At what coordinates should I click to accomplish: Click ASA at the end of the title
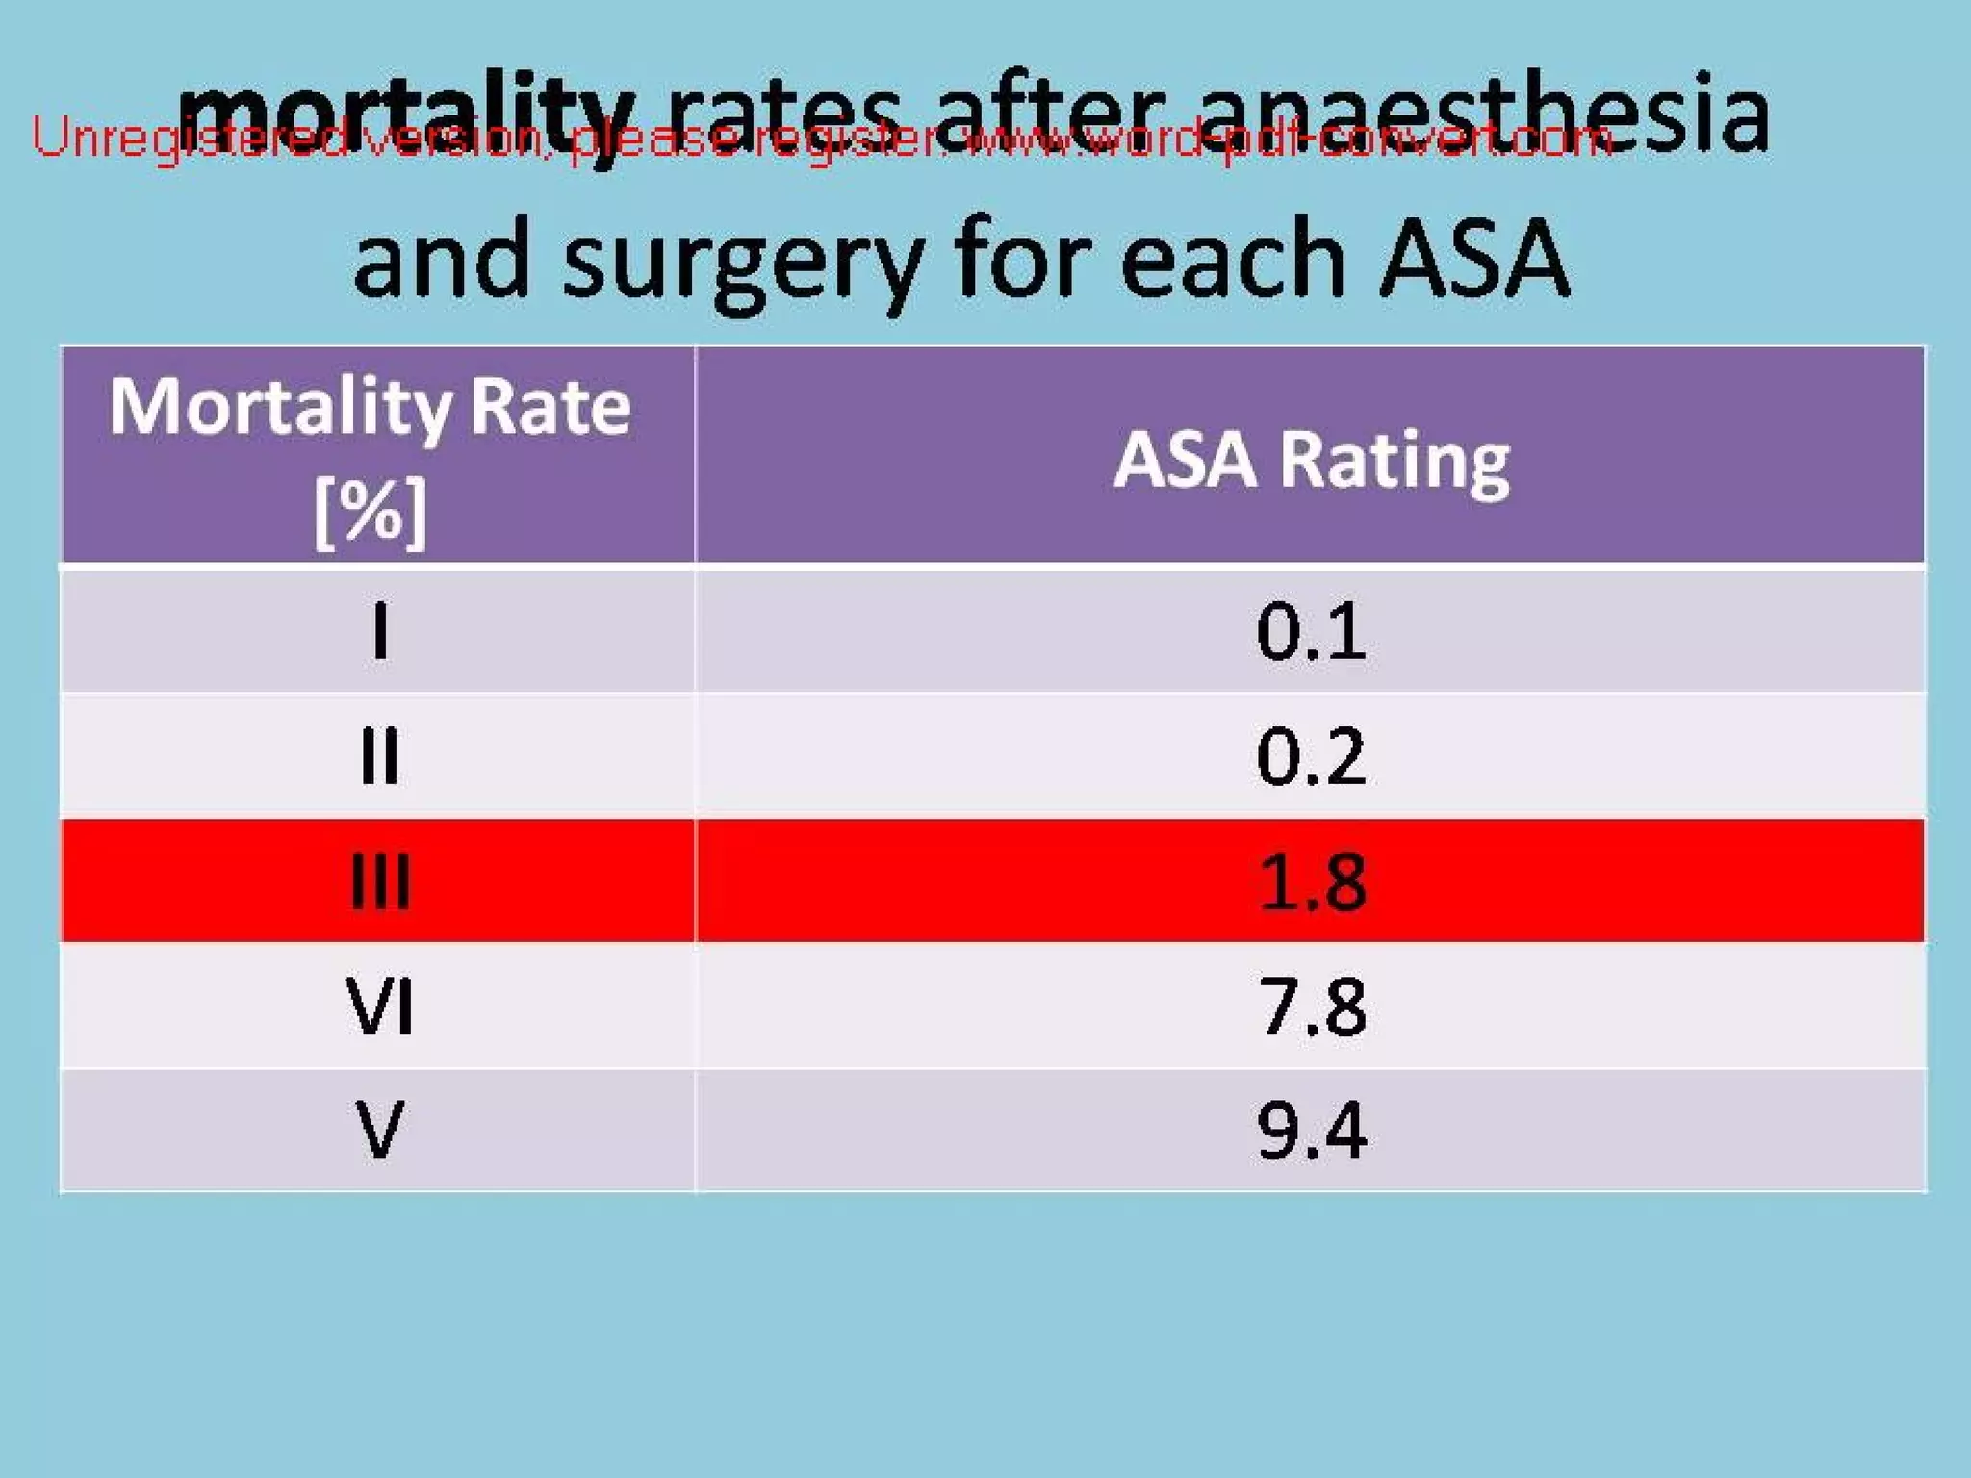click(x=1474, y=258)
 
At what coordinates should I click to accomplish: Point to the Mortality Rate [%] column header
click(x=371, y=456)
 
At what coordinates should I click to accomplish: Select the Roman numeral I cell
click(x=380, y=631)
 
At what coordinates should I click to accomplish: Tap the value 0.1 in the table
click(x=1311, y=631)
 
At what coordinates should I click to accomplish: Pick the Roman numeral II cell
click(x=379, y=756)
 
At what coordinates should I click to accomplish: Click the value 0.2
click(x=1311, y=756)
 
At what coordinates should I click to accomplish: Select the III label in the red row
click(x=379, y=881)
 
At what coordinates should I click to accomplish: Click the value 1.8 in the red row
click(x=1311, y=881)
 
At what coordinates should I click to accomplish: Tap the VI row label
click(x=379, y=1007)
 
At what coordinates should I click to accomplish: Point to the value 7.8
click(x=1311, y=1007)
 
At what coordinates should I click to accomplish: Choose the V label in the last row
click(x=379, y=1130)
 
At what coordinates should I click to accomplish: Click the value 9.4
click(x=1311, y=1130)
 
